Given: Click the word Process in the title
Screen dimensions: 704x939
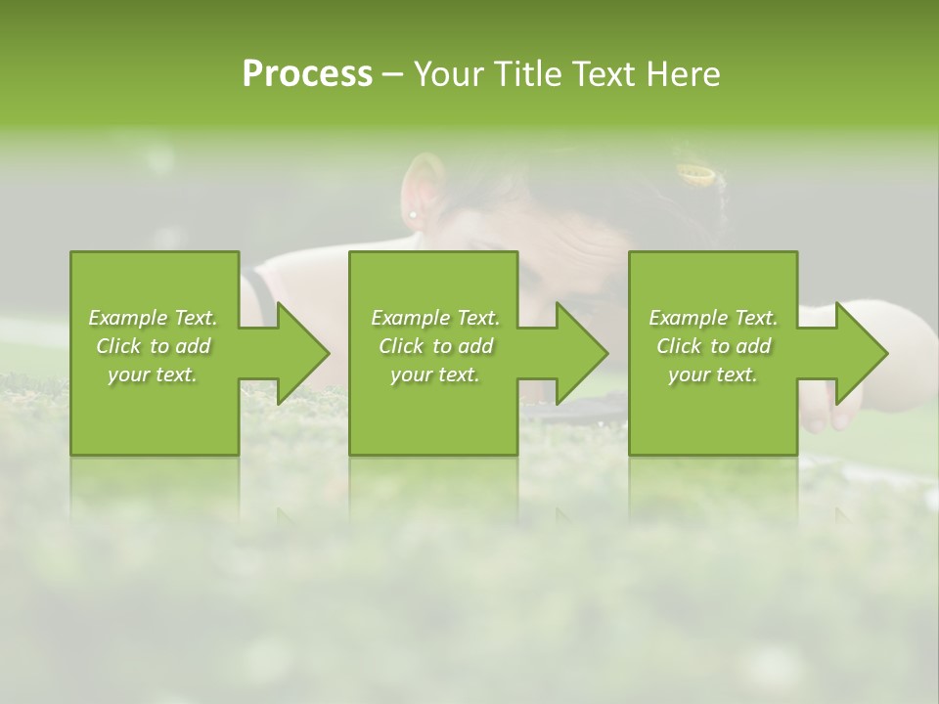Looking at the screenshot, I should (x=307, y=74).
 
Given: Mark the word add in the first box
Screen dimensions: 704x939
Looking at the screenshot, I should (x=194, y=346).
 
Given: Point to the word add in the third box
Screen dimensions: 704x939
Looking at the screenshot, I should (x=754, y=346).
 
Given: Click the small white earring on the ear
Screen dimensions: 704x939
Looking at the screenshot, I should (x=414, y=214).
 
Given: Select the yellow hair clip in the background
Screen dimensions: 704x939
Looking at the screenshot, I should (x=696, y=175).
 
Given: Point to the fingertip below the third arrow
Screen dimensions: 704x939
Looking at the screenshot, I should (x=840, y=418).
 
